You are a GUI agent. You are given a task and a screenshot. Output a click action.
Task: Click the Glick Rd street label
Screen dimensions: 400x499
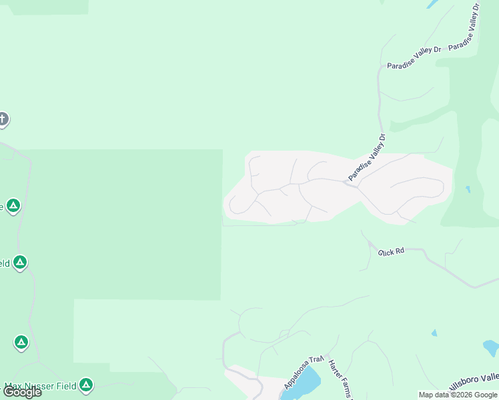(x=392, y=252)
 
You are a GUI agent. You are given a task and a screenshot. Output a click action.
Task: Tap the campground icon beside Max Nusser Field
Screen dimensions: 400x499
(x=85, y=385)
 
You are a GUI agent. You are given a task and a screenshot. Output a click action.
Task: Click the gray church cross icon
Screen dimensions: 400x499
(x=3, y=119)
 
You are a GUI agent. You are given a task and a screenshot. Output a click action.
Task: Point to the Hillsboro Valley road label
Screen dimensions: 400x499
(x=475, y=383)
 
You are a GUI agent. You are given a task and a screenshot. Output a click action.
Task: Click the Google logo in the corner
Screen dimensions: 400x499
(x=22, y=392)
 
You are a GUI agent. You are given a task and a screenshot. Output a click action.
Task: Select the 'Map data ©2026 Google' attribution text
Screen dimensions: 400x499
(x=458, y=395)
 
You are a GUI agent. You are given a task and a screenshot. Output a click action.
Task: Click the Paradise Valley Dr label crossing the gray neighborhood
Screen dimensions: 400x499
(x=367, y=157)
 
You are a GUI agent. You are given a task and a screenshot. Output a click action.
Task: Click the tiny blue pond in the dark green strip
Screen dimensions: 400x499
(x=468, y=189)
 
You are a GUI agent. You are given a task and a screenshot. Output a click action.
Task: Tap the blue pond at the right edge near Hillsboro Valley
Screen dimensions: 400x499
(x=491, y=348)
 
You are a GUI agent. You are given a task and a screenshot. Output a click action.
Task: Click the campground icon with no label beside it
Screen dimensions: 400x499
(x=21, y=343)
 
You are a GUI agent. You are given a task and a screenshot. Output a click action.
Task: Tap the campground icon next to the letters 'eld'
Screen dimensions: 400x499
(x=20, y=263)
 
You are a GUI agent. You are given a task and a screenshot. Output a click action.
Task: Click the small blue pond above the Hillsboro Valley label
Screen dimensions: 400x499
(x=434, y=333)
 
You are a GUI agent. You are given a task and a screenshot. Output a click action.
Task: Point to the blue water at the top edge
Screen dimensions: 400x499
(x=432, y=3)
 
